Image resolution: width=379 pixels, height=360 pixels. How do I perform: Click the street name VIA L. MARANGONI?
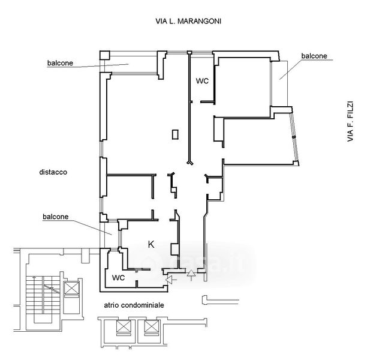[188, 21]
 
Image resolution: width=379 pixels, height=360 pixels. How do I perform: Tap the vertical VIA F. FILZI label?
[350, 121]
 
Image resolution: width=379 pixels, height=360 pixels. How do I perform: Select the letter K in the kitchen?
[151, 245]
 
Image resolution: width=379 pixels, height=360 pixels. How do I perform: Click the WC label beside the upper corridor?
[202, 81]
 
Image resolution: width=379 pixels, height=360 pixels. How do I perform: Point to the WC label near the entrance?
[118, 278]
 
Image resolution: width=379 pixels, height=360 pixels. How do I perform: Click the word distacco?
[53, 172]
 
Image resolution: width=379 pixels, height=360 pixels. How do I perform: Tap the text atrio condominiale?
[134, 305]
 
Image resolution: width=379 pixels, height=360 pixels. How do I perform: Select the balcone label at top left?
[60, 63]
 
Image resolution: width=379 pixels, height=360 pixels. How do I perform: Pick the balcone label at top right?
[314, 56]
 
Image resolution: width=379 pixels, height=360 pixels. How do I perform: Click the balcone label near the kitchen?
[56, 217]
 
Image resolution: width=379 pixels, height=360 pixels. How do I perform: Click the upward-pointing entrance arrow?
[191, 275]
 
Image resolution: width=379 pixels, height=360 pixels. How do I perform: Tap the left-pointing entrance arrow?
[171, 280]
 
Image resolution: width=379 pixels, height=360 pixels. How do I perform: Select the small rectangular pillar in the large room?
[175, 134]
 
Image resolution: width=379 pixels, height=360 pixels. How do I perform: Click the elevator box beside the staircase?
[71, 288]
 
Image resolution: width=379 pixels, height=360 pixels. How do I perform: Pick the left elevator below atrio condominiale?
[124, 326]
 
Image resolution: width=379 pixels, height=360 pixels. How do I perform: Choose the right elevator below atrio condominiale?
[151, 326]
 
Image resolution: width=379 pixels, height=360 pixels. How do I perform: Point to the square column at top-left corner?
[105, 55]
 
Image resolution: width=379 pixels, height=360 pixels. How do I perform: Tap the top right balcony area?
[279, 83]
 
